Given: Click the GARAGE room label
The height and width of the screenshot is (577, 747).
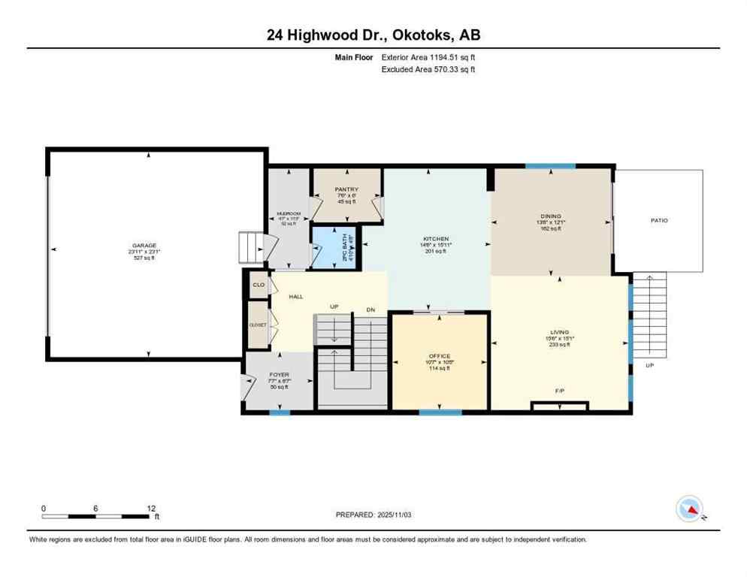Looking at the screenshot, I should [144, 246].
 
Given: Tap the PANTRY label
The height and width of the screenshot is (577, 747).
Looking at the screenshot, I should [346, 189].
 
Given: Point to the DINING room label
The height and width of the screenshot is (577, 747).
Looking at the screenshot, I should [551, 216].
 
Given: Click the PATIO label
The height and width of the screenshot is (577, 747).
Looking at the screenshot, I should [659, 221].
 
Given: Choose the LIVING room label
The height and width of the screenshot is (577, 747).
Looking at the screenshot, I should [559, 332].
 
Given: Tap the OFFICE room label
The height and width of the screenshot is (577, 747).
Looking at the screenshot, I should [439, 356].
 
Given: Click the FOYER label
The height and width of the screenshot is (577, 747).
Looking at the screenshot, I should [279, 375].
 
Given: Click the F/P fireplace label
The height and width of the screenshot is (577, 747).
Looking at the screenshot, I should [558, 391].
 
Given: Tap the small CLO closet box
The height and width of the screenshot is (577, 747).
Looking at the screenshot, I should [259, 285].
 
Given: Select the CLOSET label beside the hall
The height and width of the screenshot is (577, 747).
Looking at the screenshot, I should [258, 325].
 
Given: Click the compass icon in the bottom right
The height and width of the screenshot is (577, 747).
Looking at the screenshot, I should [689, 509].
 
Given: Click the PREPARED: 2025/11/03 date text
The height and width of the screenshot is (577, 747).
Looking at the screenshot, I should [373, 515].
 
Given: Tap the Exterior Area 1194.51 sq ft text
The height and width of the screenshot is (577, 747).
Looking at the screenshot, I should [428, 56].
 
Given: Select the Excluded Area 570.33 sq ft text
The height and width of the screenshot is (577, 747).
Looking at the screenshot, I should [428, 69].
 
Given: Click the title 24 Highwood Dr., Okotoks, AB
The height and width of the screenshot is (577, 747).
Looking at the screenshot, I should [373, 35].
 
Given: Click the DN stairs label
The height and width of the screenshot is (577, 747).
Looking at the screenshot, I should [370, 310].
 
